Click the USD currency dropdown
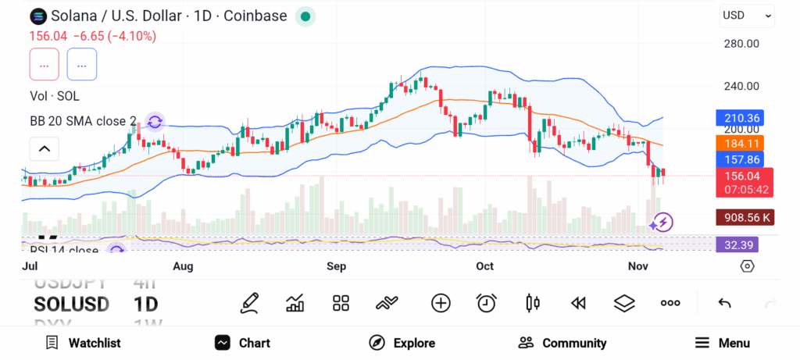pos(747,15)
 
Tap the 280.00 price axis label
pos(741,44)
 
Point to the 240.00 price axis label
pos(741,87)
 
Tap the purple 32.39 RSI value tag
pos(737,244)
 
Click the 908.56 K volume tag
pos(745,218)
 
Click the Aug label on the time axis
pos(183,266)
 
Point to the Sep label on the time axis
pos(336,266)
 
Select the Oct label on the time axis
pos(485,266)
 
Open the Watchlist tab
pos(84,343)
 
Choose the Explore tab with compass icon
pos(402,343)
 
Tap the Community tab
pos(562,343)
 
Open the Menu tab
pos(723,343)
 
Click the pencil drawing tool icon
pos(249,303)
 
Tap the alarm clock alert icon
pos(487,303)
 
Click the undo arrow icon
pos(724,303)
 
